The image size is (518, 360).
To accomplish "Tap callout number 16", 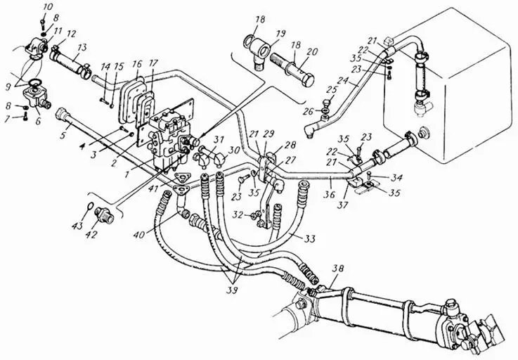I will [x=137, y=64].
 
